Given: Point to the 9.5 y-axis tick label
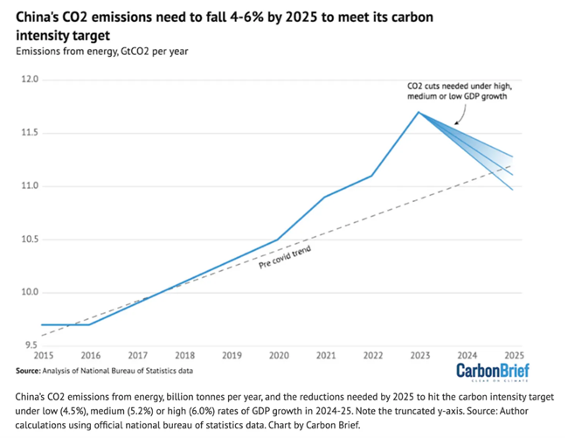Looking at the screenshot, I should tap(31, 344).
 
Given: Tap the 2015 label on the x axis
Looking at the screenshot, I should tap(44, 357).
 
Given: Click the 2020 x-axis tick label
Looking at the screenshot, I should tap(278, 357).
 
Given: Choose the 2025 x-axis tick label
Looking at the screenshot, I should tap(513, 357).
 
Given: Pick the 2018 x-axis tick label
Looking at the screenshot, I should tap(184, 357).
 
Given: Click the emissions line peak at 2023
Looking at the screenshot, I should tap(419, 112).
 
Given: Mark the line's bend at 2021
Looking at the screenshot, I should tap(325, 197).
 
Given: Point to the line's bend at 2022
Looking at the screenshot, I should tap(372, 176).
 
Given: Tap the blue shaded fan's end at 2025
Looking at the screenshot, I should tap(513, 173).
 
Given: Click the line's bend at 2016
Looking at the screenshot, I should tap(90, 324).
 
